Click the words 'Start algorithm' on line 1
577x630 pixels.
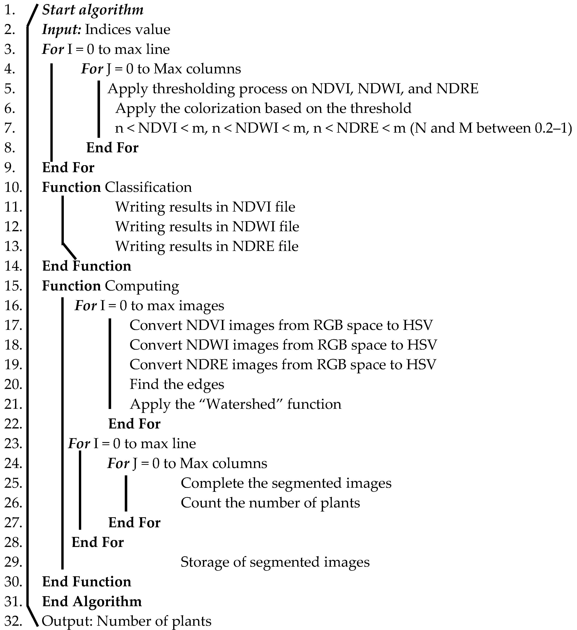[93, 10]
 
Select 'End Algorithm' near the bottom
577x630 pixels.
[92, 602]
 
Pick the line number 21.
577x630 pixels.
[13, 404]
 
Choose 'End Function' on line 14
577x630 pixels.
[87, 266]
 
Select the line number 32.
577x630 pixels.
[13, 621]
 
